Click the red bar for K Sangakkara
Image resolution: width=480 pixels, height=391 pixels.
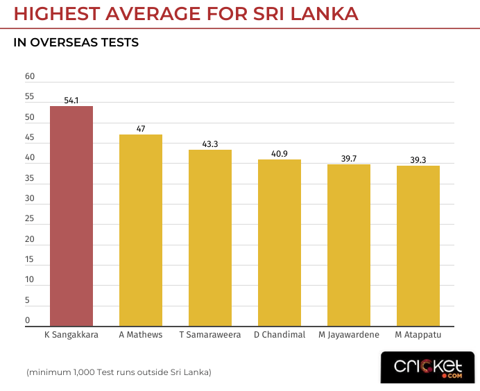[71, 216]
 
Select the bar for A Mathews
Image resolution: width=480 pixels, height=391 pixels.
[141, 230]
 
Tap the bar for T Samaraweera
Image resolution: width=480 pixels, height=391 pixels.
[210, 238]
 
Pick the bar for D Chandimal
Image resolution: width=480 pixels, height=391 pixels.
[280, 243]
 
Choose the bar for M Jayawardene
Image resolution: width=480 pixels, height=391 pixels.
[349, 245]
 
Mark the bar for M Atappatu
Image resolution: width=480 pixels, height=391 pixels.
[418, 245]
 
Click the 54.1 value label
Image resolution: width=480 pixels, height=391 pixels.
[71, 101]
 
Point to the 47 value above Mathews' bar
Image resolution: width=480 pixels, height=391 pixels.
[141, 129]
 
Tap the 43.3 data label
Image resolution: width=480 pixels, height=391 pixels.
[210, 144]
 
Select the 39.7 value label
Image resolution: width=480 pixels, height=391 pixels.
[349, 159]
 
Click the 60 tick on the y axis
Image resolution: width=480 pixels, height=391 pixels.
[29, 76]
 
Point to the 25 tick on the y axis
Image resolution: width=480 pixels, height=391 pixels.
[29, 218]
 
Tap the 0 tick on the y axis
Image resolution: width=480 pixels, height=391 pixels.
[28, 320]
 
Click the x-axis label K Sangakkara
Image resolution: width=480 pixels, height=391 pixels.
[71, 335]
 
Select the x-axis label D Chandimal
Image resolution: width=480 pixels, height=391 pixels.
[280, 335]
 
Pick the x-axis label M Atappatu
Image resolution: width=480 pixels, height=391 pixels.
[418, 335]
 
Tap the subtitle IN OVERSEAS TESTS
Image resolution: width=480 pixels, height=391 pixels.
[76, 43]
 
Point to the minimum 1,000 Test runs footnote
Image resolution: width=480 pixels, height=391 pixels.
[119, 372]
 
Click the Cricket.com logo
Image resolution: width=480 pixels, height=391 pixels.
[427, 367]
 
